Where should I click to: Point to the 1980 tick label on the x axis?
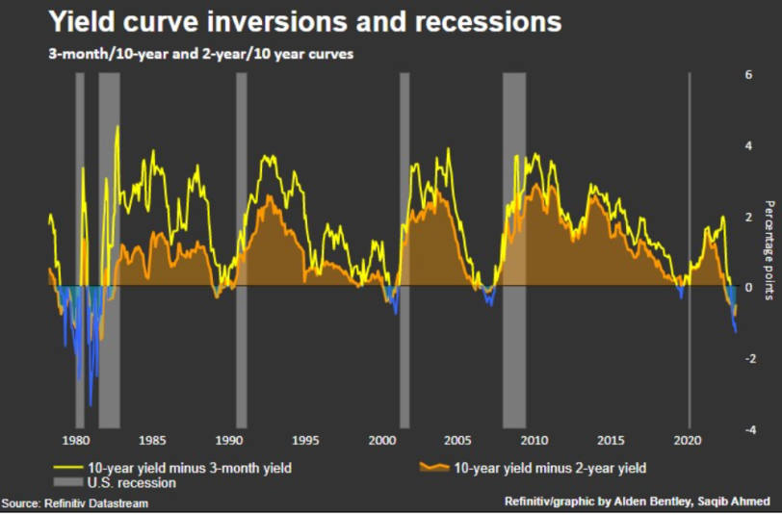tap(74, 441)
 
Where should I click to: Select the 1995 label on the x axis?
tap(305, 441)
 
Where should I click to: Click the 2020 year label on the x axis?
tap(687, 441)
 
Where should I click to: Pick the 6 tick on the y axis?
tap(748, 74)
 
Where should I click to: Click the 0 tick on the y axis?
tap(748, 287)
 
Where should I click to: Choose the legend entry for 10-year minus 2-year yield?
tap(548, 468)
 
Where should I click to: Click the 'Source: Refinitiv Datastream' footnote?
tap(75, 503)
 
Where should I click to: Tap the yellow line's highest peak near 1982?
tap(117, 127)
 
